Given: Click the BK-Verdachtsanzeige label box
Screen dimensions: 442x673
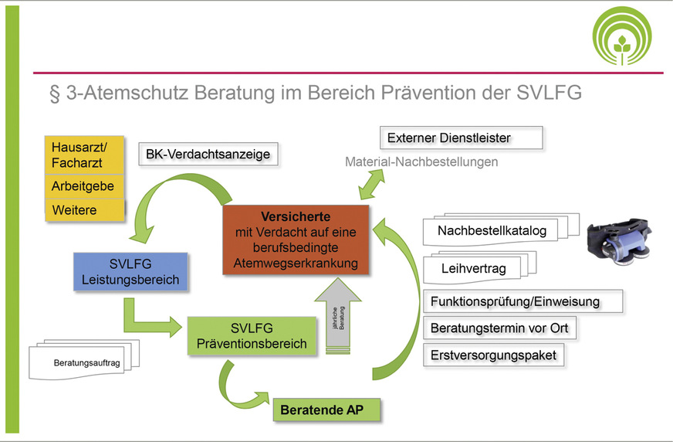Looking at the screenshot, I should pos(208,155).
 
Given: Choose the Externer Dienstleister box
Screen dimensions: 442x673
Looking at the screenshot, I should pos(462,138).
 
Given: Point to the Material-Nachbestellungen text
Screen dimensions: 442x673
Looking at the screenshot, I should pos(421,162).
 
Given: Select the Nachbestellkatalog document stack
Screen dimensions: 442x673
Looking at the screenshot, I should pos(494,230).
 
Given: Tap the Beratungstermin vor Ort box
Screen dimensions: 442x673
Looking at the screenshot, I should pos(499,328).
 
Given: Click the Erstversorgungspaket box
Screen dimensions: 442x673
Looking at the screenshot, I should pos(493,355).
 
